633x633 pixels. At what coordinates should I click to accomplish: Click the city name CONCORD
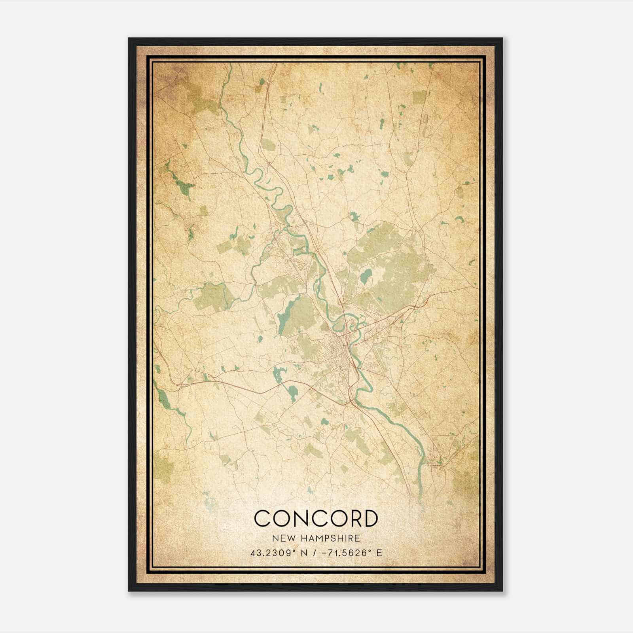coord(316,518)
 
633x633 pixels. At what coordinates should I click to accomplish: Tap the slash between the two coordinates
coord(313,553)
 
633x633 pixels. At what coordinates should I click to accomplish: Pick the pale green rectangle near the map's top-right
coord(419,97)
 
